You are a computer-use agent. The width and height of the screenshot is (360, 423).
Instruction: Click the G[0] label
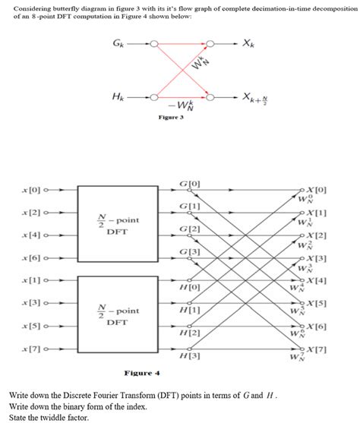[190, 183]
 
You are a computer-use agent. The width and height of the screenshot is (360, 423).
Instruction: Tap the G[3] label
[190, 252]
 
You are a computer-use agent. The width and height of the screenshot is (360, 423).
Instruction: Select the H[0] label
[190, 287]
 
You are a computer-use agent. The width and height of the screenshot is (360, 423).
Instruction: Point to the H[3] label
[190, 356]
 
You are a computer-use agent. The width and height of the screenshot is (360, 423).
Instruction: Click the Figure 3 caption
[172, 118]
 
